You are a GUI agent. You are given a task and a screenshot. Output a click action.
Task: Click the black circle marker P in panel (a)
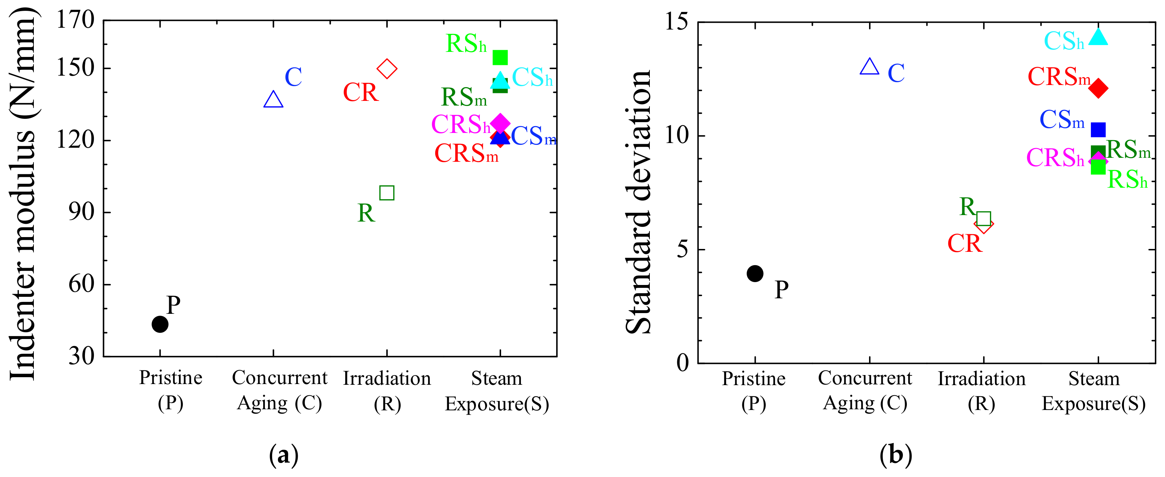[159, 324]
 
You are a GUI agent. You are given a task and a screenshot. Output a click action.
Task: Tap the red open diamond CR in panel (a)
[387, 69]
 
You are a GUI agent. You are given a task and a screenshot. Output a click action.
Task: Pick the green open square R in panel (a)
[387, 193]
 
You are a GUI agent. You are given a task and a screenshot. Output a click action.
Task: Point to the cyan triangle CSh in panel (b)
[1098, 37]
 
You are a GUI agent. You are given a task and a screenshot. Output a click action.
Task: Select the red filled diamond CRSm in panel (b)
[1098, 88]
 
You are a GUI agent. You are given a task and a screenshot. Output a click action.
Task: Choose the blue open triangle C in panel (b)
[869, 67]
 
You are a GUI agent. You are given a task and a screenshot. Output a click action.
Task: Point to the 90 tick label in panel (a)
[81, 212]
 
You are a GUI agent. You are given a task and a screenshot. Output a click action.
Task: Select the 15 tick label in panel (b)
[676, 21]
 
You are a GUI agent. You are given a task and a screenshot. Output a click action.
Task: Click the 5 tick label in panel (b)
[683, 249]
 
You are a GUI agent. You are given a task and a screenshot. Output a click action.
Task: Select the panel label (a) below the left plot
[284, 455]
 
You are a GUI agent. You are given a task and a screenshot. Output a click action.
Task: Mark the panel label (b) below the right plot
[895, 455]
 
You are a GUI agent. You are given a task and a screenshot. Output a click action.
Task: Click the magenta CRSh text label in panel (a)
[460, 124]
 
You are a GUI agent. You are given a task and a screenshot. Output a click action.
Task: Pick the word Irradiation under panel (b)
[981, 379]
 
